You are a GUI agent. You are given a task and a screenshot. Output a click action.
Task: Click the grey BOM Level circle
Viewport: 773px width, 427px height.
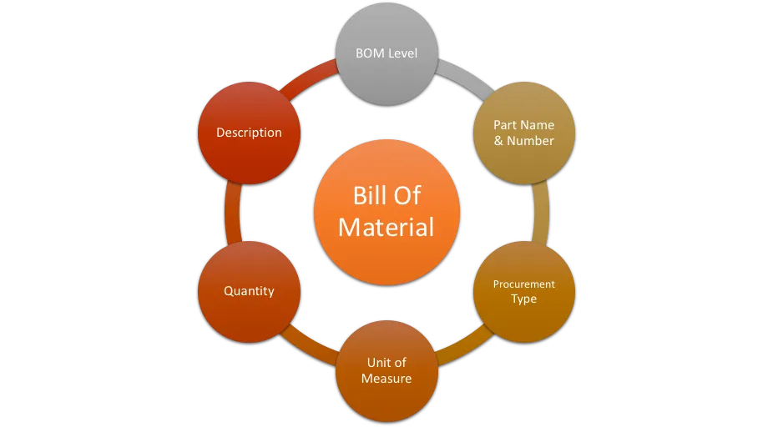pos(386,53)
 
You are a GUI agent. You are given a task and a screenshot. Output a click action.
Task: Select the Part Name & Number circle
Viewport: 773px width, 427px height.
pos(524,133)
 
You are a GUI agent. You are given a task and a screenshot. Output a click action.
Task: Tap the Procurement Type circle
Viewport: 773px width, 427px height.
pos(524,292)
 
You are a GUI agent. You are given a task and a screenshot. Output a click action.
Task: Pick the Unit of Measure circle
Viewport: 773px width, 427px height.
pos(386,371)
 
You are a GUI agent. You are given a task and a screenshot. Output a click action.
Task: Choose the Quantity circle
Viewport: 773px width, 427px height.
pos(249,292)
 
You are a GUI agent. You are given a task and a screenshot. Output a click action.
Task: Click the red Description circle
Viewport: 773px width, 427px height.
pos(249,133)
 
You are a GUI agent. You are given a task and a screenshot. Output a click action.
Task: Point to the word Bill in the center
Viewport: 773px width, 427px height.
pos(368,195)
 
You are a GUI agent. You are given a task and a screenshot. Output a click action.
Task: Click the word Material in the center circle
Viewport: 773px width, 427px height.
pos(386,227)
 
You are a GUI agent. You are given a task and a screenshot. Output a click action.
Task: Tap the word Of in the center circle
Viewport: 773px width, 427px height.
pos(407,195)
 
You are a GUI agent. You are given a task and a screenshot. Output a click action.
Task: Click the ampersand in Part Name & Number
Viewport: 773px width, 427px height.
pos(498,141)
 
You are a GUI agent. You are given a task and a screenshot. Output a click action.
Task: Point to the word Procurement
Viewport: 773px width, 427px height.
pos(523,284)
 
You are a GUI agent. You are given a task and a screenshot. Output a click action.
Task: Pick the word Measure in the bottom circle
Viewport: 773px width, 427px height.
pos(386,379)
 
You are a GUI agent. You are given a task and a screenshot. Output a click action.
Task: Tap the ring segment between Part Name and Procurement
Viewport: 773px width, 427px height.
pos(541,213)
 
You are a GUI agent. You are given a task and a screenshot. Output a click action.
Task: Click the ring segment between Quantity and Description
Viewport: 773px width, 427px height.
pos(232,213)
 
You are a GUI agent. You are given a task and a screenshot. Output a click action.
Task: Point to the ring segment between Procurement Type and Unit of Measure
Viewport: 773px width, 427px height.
pos(464,346)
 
